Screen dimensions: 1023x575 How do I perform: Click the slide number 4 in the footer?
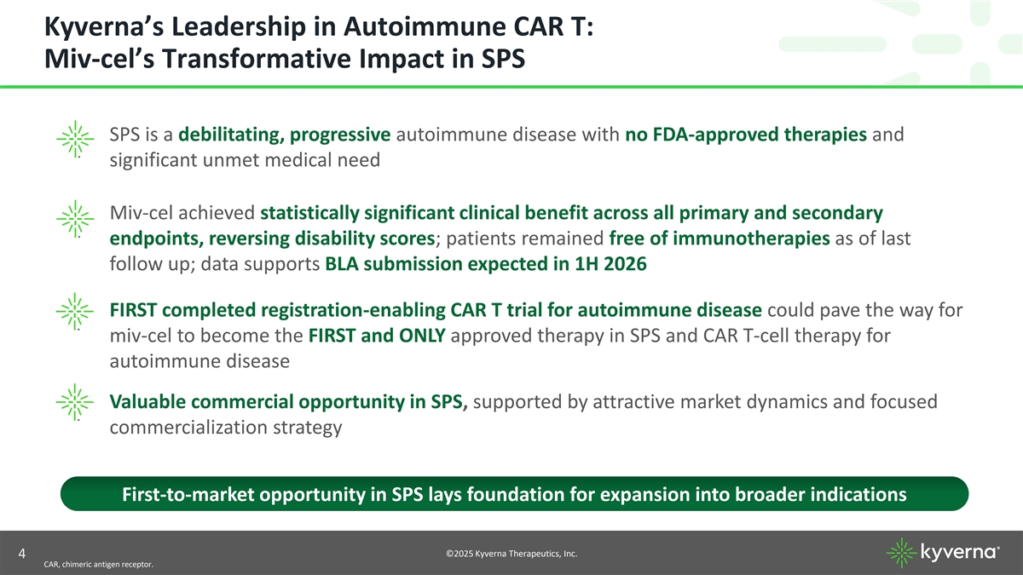22,554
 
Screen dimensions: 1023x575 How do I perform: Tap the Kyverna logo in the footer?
943,553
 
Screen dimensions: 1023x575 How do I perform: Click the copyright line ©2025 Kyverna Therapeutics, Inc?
511,554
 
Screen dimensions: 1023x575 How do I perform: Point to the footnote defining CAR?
99,565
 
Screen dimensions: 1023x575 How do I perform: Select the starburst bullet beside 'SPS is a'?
75,139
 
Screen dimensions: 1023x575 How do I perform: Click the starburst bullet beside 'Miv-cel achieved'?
75,219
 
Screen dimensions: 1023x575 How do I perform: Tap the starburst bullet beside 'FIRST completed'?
75,312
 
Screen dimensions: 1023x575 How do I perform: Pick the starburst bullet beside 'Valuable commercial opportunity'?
75,402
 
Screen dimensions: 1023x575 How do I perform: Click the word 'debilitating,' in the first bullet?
231,135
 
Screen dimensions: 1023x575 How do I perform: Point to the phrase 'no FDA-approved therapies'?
746,135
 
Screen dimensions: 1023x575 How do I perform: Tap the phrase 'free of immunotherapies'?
720,239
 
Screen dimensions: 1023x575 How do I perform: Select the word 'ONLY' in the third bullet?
422,336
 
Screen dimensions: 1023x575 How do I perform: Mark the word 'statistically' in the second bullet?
309,213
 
